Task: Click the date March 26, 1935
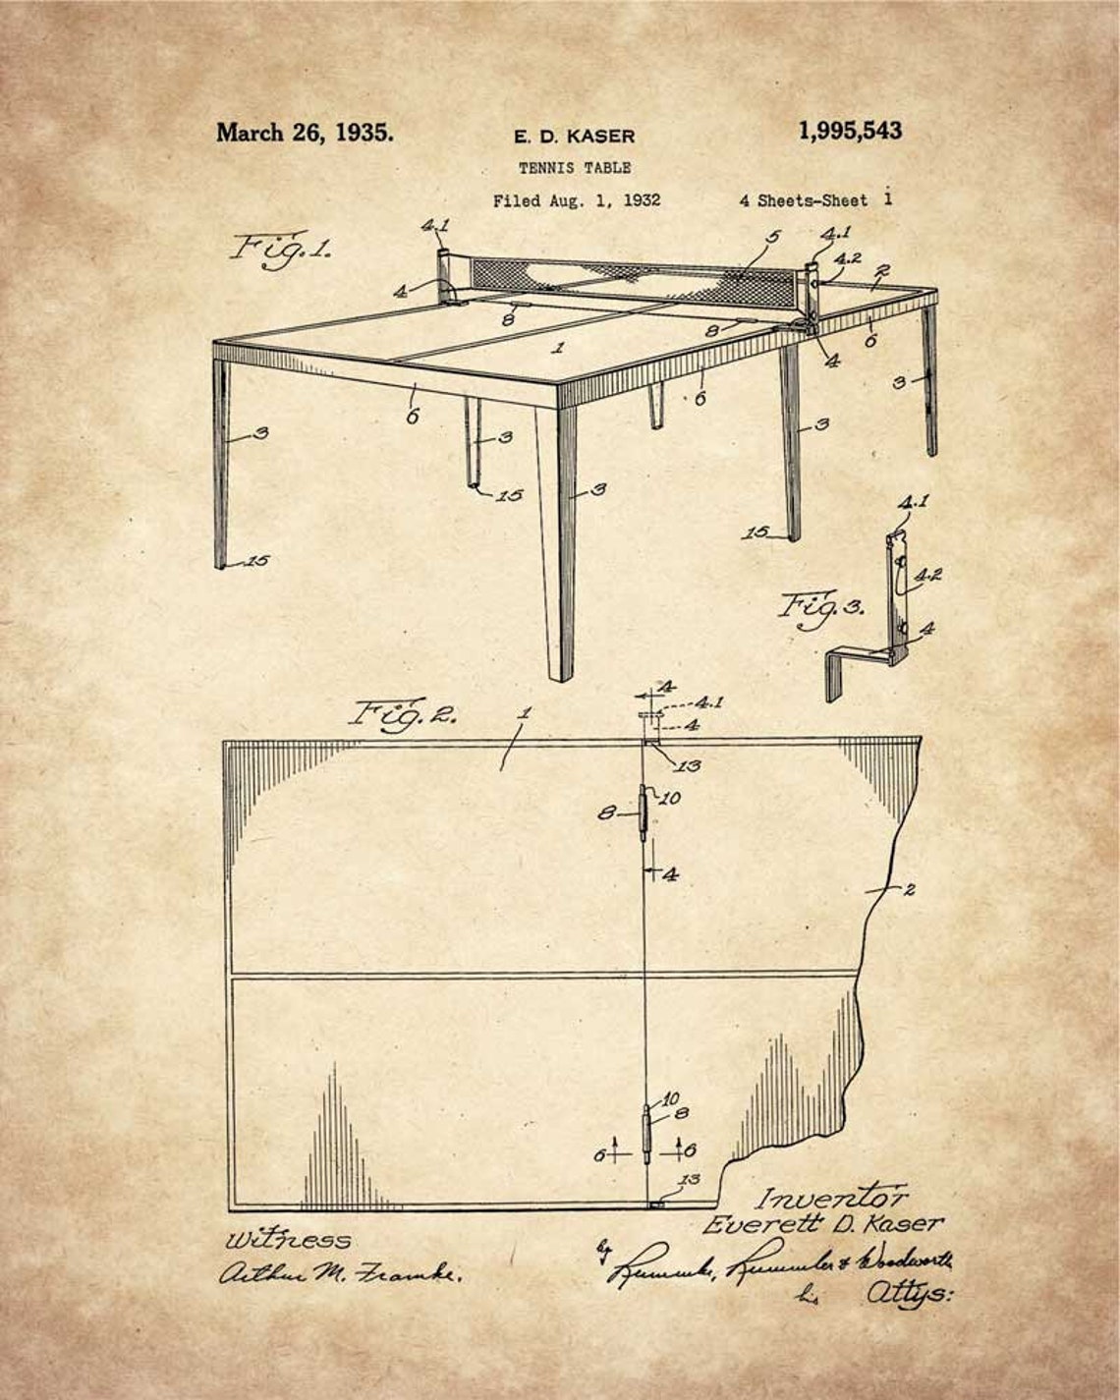point(305,133)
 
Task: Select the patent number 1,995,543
point(850,131)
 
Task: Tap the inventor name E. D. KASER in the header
point(575,137)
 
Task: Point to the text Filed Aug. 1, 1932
point(577,201)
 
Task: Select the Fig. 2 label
point(405,712)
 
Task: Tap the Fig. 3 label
point(821,606)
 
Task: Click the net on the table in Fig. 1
point(639,272)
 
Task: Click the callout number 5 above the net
point(773,237)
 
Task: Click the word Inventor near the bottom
point(831,1198)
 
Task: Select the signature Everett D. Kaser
point(823,1225)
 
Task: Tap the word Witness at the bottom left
point(288,1239)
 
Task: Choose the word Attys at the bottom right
point(908,1296)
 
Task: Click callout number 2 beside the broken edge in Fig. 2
point(909,890)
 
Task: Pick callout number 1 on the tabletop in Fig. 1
point(558,347)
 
